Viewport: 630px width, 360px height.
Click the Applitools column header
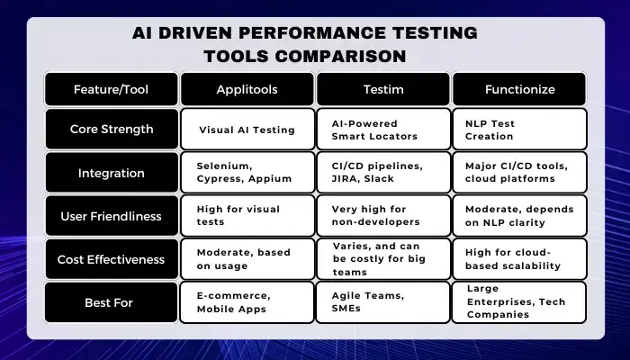coord(247,89)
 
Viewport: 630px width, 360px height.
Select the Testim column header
coord(383,89)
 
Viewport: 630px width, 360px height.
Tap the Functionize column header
coord(519,89)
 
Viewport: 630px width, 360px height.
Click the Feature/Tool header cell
coord(112,89)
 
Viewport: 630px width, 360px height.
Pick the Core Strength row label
coord(112,129)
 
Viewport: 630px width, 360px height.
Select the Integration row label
coord(112,173)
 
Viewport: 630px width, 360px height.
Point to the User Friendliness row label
coord(112,216)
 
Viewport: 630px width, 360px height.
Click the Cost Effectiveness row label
coord(112,259)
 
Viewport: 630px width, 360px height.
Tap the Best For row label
coord(112,302)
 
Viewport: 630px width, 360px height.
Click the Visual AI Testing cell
coord(247,129)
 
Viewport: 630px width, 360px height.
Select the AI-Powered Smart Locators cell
coord(383,129)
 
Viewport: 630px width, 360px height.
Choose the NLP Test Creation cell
coord(520,129)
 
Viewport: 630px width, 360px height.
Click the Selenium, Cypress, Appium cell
coord(247,173)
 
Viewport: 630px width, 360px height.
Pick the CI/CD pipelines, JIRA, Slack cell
coord(383,173)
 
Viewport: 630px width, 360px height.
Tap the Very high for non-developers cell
coord(383,216)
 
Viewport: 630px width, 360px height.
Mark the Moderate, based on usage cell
coord(247,259)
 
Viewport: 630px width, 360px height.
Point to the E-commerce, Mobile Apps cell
coord(247,302)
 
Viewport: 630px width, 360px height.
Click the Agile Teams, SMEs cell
coord(382,302)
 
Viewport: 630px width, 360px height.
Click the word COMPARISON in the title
coord(340,56)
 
